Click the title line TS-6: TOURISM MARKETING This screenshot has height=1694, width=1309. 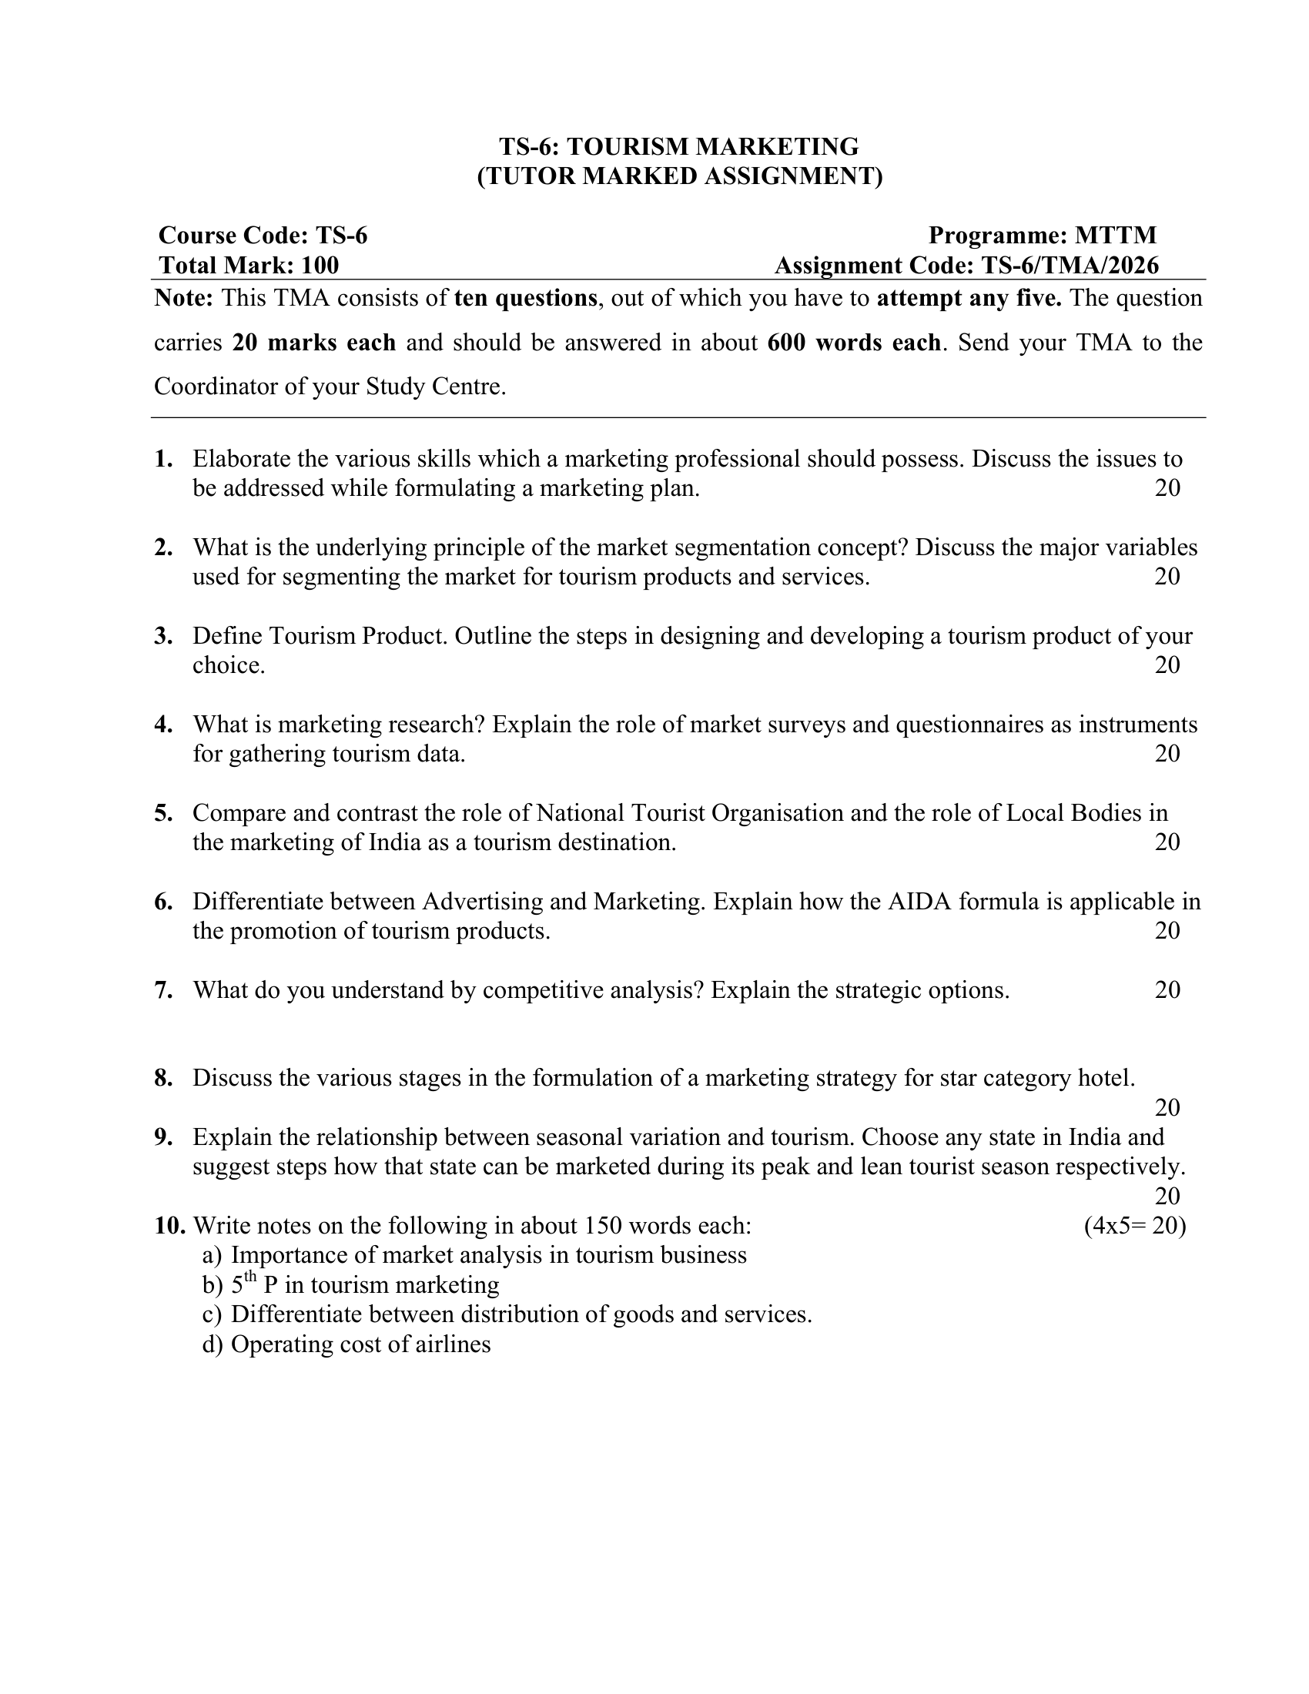point(678,146)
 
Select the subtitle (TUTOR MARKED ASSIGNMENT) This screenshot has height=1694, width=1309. point(679,176)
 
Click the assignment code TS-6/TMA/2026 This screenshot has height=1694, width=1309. point(1070,266)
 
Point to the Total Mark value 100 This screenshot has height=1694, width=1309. point(320,266)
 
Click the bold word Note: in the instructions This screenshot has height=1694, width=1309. point(184,298)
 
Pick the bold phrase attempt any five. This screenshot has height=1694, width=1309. point(969,298)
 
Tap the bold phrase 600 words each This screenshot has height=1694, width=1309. point(854,342)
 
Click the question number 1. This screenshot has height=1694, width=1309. point(162,459)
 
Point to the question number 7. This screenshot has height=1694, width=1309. point(162,989)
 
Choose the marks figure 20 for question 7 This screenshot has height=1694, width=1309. point(1167,989)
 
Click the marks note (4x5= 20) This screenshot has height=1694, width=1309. point(1134,1226)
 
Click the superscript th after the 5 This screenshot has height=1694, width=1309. point(250,1277)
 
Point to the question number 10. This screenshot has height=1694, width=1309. point(169,1226)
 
